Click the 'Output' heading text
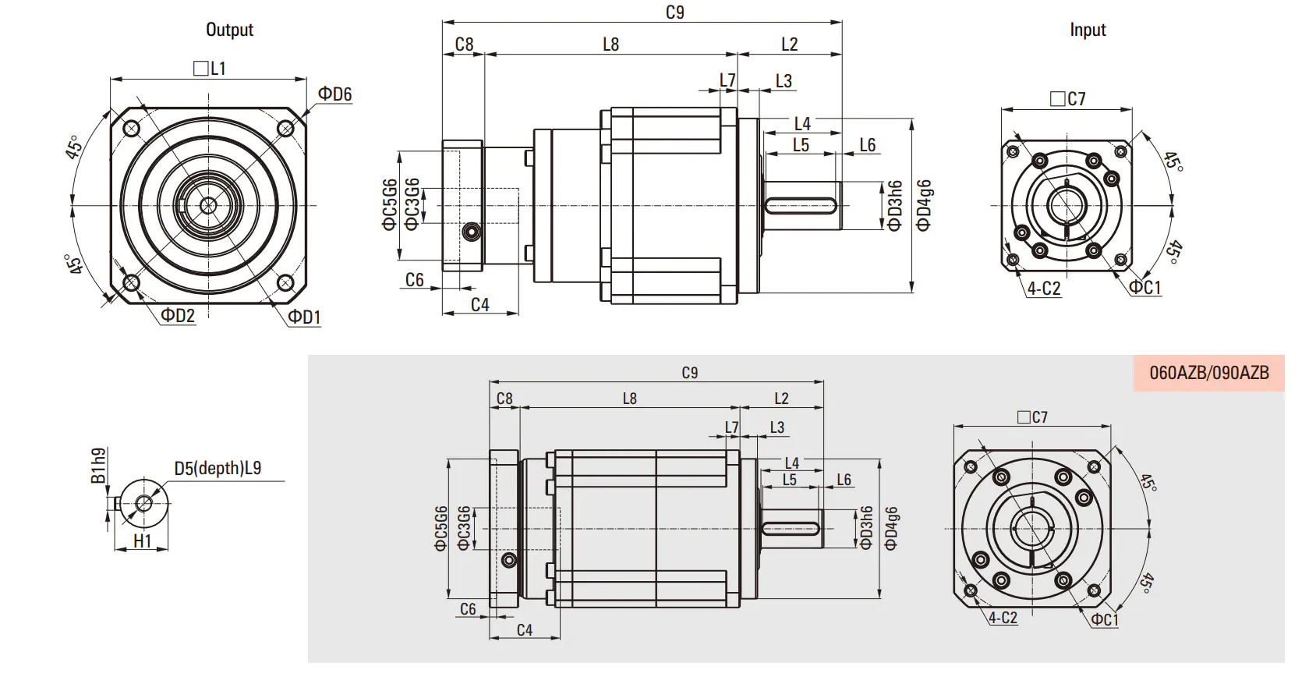point(230,30)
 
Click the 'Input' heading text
point(1088,30)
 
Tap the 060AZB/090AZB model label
point(1209,373)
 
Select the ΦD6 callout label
point(334,94)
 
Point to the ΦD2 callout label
point(178,316)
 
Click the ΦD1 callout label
point(305,317)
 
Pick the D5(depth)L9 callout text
point(218,468)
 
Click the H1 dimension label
point(142,541)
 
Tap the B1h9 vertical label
point(99,466)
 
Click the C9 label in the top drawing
point(675,12)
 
